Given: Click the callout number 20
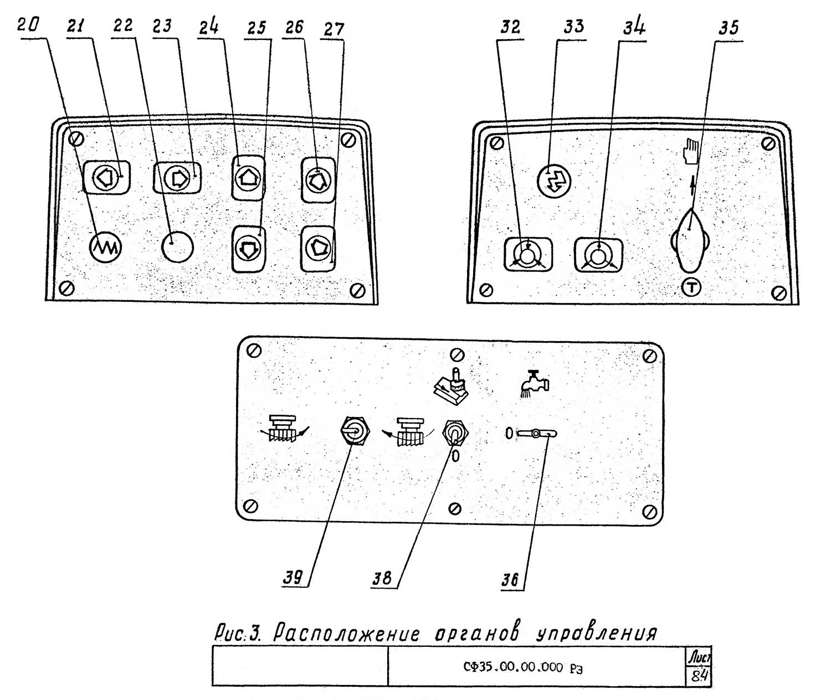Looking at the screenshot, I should pyautogui.click(x=27, y=25).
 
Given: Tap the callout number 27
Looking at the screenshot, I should pyautogui.click(x=334, y=29).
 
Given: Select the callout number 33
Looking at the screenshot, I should pyautogui.click(x=574, y=26).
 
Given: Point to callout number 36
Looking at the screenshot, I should pyautogui.click(x=510, y=580).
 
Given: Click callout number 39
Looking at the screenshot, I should pyautogui.click(x=293, y=578).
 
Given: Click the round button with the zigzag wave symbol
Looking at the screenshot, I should pyautogui.click(x=105, y=245).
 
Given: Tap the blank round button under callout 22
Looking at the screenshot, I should pyautogui.click(x=178, y=245).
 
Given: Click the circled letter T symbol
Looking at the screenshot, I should pyautogui.click(x=692, y=287).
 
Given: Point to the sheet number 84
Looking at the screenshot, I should pyautogui.click(x=700, y=676).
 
